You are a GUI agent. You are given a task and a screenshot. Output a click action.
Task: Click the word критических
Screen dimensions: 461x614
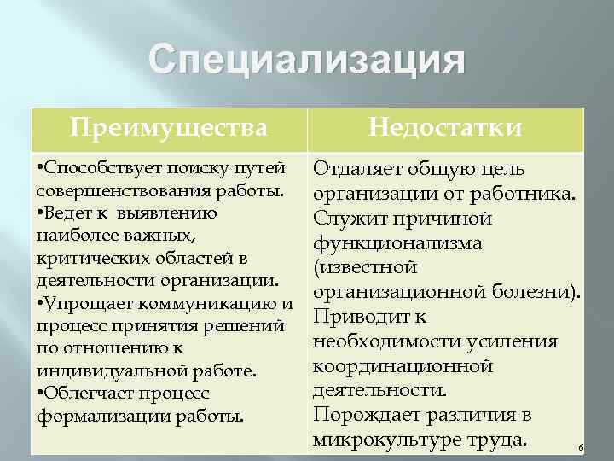click(84, 258)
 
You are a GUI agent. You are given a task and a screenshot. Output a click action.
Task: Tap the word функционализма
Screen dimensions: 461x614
click(397, 243)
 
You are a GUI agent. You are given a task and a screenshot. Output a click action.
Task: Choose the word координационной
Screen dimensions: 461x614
click(403, 365)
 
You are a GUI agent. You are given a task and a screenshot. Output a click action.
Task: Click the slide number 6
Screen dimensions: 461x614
click(579, 447)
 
